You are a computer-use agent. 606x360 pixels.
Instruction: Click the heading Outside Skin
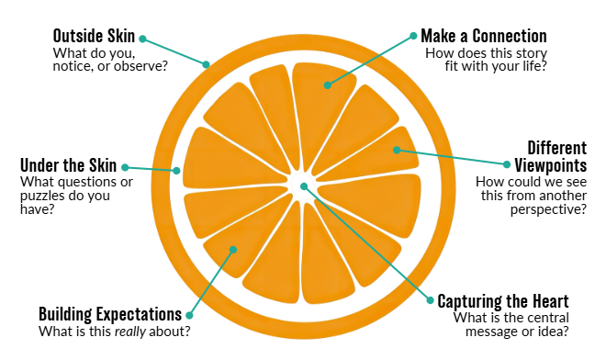[94, 36]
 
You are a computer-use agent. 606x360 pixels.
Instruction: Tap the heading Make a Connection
[484, 36]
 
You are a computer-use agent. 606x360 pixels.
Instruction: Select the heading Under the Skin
[68, 166]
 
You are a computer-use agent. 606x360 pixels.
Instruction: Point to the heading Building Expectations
[109, 313]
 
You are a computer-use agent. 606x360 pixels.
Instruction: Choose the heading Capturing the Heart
[503, 301]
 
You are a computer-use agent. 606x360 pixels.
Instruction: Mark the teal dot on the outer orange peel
[207, 64]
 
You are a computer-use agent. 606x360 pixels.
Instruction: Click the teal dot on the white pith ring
[177, 170]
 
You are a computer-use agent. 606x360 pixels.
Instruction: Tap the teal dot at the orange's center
[303, 187]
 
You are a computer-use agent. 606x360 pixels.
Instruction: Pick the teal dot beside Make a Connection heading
[412, 38]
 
